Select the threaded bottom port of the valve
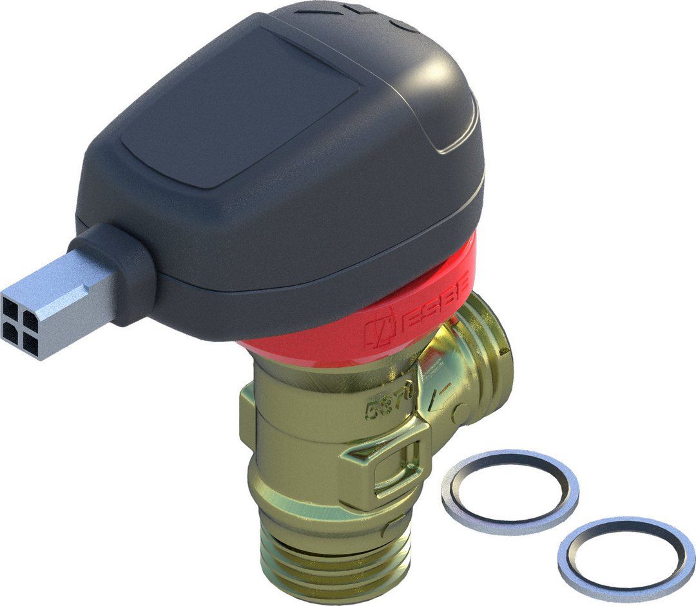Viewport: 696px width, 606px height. pyautogui.click(x=322, y=554)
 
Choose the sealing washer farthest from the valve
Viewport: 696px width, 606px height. pyautogui.click(x=626, y=557)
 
